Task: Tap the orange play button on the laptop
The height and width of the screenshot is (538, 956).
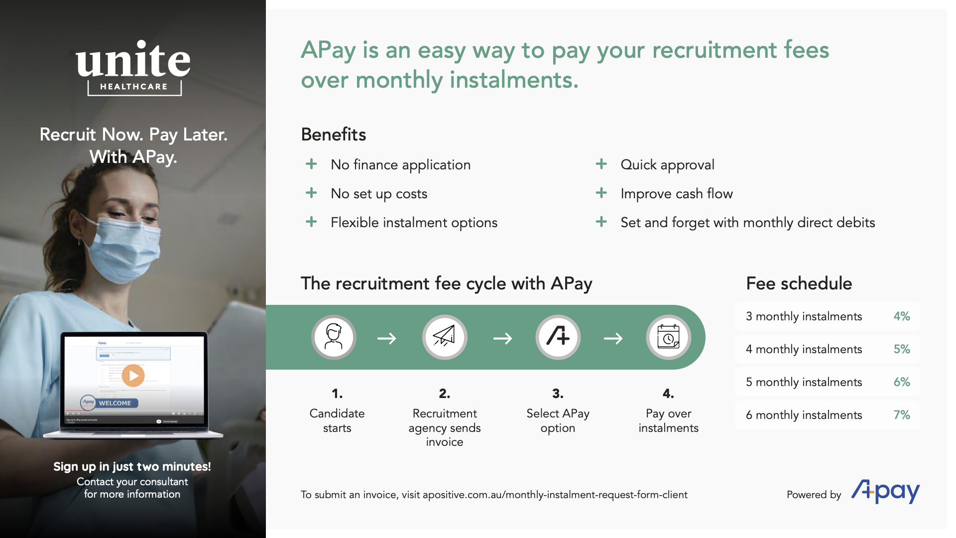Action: pos(133,376)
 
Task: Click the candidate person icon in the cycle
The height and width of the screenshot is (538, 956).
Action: pos(334,337)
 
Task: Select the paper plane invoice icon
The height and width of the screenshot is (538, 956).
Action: pos(444,337)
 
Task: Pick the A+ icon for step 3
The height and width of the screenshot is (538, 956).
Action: pos(558,337)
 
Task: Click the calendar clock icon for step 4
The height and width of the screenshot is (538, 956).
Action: pos(668,337)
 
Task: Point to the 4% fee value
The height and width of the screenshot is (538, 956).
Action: pos(901,316)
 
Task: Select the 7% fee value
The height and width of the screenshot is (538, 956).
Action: pos(901,415)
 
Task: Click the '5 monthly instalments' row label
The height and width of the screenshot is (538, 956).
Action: pos(804,382)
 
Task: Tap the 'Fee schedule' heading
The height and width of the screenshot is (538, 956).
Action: pos(799,283)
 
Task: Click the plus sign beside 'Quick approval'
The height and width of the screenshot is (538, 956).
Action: pos(601,164)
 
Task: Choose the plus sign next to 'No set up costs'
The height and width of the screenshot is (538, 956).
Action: pos(311,193)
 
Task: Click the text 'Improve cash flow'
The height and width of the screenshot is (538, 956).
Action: pos(677,194)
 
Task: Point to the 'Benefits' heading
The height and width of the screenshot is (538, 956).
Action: pos(334,134)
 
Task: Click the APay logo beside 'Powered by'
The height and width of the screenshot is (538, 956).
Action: pos(885,492)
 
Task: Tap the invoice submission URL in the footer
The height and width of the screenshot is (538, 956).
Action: pos(555,495)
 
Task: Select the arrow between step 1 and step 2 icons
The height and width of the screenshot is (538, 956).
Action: pos(387,339)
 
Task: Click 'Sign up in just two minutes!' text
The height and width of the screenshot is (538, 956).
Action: pos(132,467)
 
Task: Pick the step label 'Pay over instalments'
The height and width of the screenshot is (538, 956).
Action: pos(668,420)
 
